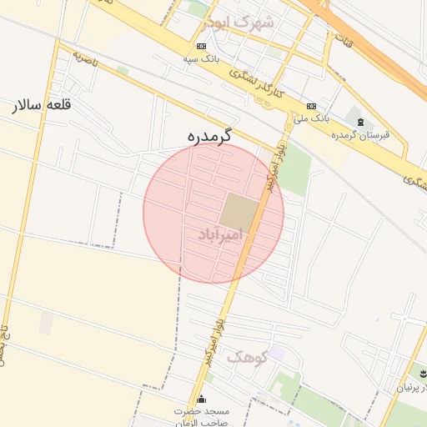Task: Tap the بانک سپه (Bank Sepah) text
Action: click(x=201, y=59)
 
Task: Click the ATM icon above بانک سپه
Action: click(x=201, y=46)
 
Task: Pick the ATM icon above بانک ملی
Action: click(x=311, y=106)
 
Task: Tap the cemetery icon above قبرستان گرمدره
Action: click(x=360, y=123)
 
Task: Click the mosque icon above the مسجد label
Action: click(x=201, y=400)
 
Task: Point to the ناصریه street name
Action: click(x=85, y=59)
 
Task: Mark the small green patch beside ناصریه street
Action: click(x=123, y=71)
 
